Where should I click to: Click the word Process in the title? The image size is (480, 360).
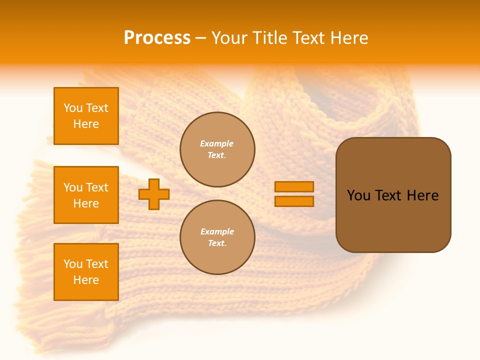click(x=157, y=37)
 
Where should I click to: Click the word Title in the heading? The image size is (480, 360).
click(x=270, y=37)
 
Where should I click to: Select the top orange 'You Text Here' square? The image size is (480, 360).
click(x=86, y=116)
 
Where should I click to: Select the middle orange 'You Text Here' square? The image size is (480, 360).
click(x=86, y=195)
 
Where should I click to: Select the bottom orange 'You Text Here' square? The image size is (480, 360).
click(x=86, y=272)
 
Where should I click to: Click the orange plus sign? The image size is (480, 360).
click(x=154, y=194)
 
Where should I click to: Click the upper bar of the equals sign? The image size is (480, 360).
click(x=294, y=186)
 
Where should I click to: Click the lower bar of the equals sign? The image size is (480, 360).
click(x=294, y=201)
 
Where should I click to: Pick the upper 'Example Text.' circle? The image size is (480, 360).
click(x=217, y=149)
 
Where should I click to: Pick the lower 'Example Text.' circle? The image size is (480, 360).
click(x=217, y=237)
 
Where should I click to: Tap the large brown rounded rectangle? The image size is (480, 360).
click(x=393, y=220)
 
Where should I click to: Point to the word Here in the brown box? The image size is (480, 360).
click(x=422, y=195)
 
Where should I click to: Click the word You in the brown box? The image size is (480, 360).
click(x=359, y=195)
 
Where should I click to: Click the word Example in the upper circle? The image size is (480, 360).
click(x=217, y=143)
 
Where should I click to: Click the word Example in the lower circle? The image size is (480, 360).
click(x=217, y=231)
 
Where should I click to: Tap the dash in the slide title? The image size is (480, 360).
click(x=201, y=38)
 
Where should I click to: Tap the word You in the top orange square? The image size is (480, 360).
click(x=73, y=108)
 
